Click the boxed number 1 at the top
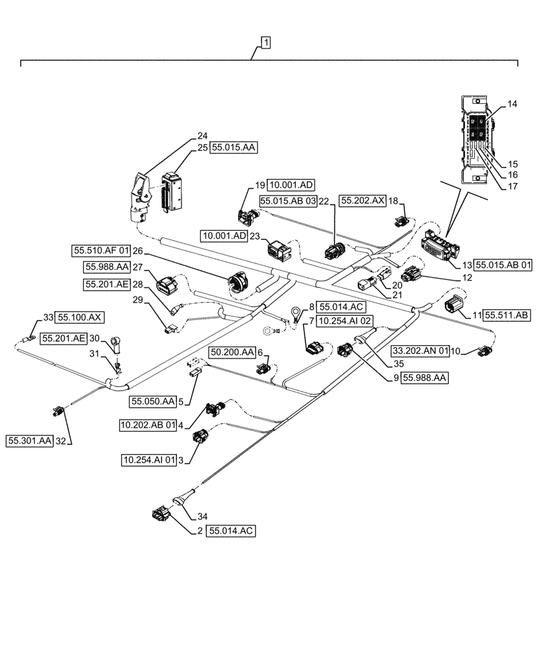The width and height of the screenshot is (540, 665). click(x=265, y=43)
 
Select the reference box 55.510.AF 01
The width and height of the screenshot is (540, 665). click(x=100, y=251)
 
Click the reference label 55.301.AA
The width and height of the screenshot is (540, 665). click(x=30, y=440)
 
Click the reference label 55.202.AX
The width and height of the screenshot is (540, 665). click(x=362, y=200)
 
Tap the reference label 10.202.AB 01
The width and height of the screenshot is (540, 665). click(x=148, y=424)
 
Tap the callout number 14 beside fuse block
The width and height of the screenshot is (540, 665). click(x=511, y=104)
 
